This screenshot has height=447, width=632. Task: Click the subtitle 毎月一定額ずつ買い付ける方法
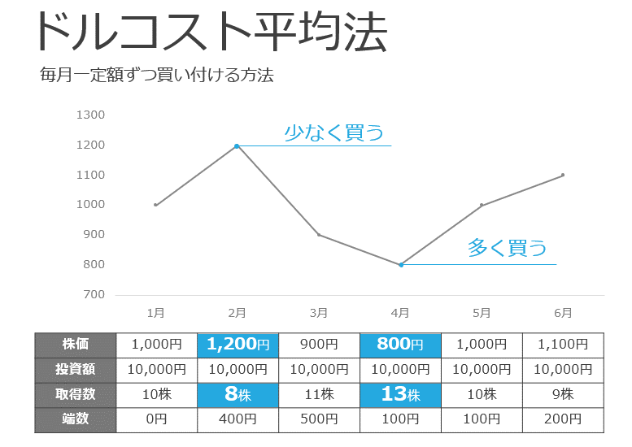point(156,76)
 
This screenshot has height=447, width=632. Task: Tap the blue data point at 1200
point(237,146)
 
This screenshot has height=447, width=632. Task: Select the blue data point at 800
point(401,264)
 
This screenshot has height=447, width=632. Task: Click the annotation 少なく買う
point(333,133)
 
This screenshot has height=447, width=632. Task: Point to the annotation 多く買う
point(507,248)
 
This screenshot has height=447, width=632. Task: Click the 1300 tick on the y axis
point(90,115)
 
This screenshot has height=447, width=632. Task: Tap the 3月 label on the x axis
point(319,312)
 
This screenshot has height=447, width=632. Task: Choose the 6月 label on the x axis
point(563,312)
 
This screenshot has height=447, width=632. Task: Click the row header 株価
point(76,345)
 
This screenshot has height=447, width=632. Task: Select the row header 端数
point(76,419)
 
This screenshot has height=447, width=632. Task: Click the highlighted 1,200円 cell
point(238,345)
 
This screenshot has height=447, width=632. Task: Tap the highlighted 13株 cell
point(400,395)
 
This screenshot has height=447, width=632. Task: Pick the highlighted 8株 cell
point(238,395)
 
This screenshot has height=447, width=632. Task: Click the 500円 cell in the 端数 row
point(319,420)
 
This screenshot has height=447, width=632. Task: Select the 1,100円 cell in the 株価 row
point(563,345)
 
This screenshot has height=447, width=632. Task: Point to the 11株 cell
point(319,395)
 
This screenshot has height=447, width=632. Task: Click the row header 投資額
point(76,370)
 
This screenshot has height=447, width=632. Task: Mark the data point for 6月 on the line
point(563,175)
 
